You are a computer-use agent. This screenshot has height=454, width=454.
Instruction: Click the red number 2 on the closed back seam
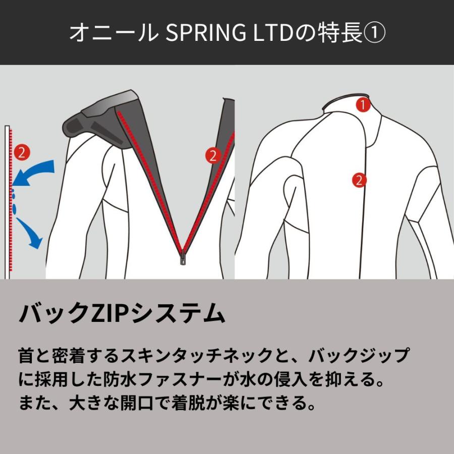point(359,180)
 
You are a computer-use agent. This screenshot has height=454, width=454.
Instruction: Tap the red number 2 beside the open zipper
point(212,156)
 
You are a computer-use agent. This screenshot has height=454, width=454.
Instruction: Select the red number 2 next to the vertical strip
point(22,151)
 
